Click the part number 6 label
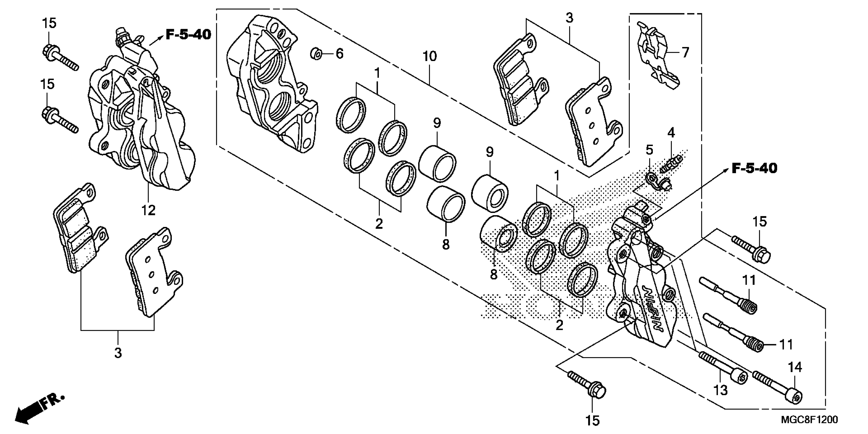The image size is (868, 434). click(339, 54)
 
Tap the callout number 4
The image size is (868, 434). click(671, 133)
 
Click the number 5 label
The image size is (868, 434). click(649, 150)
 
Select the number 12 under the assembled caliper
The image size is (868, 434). click(148, 211)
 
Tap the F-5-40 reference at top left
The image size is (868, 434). click(188, 34)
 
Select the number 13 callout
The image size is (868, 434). click(720, 390)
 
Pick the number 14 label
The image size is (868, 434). click(795, 367)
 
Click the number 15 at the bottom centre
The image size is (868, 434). click(592, 420)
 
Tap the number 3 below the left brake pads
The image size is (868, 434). click(118, 353)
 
